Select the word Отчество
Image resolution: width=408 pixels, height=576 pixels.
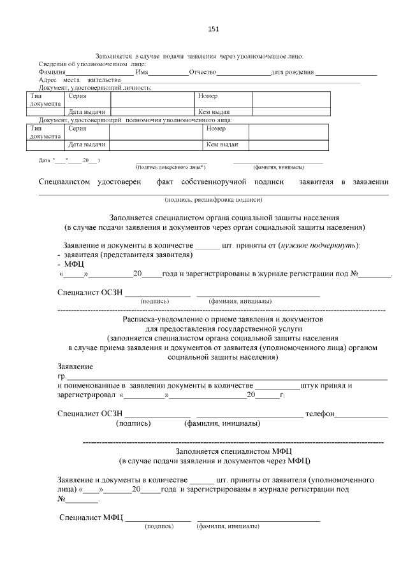tap(203, 72)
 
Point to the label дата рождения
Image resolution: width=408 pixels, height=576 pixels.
tap(293, 72)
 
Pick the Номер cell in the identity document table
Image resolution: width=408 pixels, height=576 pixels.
tap(208, 95)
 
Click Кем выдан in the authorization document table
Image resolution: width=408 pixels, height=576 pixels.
tap(221, 144)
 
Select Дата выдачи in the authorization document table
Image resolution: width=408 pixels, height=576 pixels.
tap(87, 144)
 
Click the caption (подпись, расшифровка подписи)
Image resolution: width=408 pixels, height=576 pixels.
tap(213, 199)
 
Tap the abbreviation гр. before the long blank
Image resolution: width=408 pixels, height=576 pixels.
tap(61, 377)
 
